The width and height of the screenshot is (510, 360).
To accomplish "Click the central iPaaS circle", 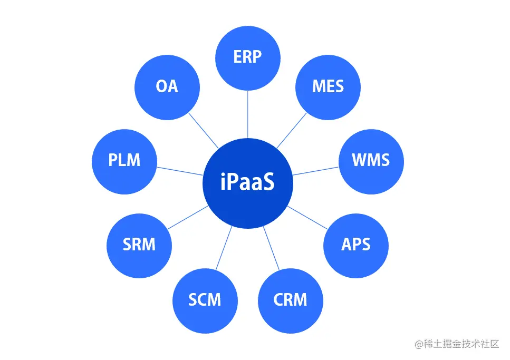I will pos(247,183).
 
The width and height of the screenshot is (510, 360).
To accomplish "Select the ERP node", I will pos(247,56).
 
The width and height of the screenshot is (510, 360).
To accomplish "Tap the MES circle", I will pos(328,86).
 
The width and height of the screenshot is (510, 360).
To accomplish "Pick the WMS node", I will pos(371,160).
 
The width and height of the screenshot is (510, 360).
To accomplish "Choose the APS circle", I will pos(355,245).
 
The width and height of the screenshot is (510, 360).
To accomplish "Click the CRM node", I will pos(290,300).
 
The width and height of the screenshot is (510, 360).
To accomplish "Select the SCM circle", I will pos(205,300).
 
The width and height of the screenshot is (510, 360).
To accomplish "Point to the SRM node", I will pos(139,245).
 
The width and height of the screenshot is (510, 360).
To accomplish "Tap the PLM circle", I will pos(124,160).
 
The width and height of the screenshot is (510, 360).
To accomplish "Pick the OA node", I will pos(167,86).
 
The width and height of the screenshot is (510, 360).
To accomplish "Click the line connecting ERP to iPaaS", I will pos(247,113).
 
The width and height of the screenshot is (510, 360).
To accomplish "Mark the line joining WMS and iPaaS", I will pos(315,170).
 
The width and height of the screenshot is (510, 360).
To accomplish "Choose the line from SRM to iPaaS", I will pos(188,217).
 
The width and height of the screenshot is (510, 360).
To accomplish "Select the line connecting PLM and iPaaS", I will pos(180,170).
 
